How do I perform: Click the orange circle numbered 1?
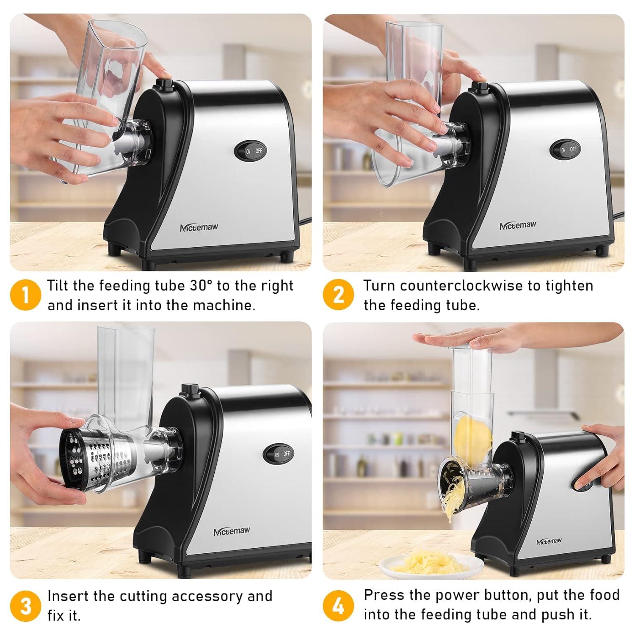pos(25,295)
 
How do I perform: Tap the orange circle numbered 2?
pos(338,295)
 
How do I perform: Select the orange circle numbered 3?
pos(25,606)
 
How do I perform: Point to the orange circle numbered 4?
pos(338,606)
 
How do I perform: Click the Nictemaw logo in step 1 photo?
pos(199,227)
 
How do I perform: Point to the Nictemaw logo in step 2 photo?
pos(518,226)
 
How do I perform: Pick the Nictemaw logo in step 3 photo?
pos(232,531)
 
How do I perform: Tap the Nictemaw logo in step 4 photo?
pos(549,541)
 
